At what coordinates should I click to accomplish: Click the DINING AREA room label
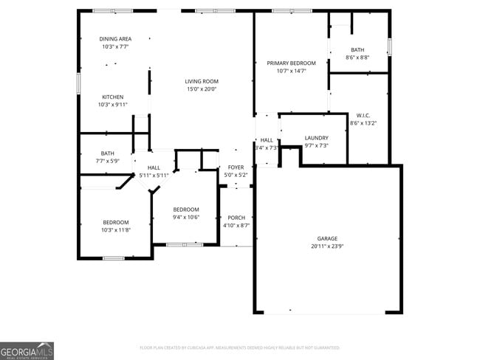point(115,38)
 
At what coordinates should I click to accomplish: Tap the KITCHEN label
point(112,97)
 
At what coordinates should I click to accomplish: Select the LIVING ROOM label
point(201,81)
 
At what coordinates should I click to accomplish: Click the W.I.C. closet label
point(363,115)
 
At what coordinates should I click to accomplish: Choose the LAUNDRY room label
point(316,138)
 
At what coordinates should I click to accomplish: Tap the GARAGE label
point(327,238)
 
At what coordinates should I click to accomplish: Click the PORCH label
point(236,218)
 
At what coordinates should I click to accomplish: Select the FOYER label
point(236,167)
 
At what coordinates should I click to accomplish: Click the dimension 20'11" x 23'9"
point(327,246)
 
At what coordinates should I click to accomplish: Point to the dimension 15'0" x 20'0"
point(201,89)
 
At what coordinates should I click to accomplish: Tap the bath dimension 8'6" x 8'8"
point(357,57)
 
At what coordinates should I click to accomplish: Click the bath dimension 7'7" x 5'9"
point(107,161)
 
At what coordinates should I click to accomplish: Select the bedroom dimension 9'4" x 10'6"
point(186,217)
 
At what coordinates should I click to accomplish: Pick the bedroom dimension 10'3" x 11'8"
point(116,230)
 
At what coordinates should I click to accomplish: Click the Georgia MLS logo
point(27,350)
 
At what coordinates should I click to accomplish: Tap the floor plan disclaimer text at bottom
point(239,347)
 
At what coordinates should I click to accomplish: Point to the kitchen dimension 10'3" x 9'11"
point(112,105)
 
